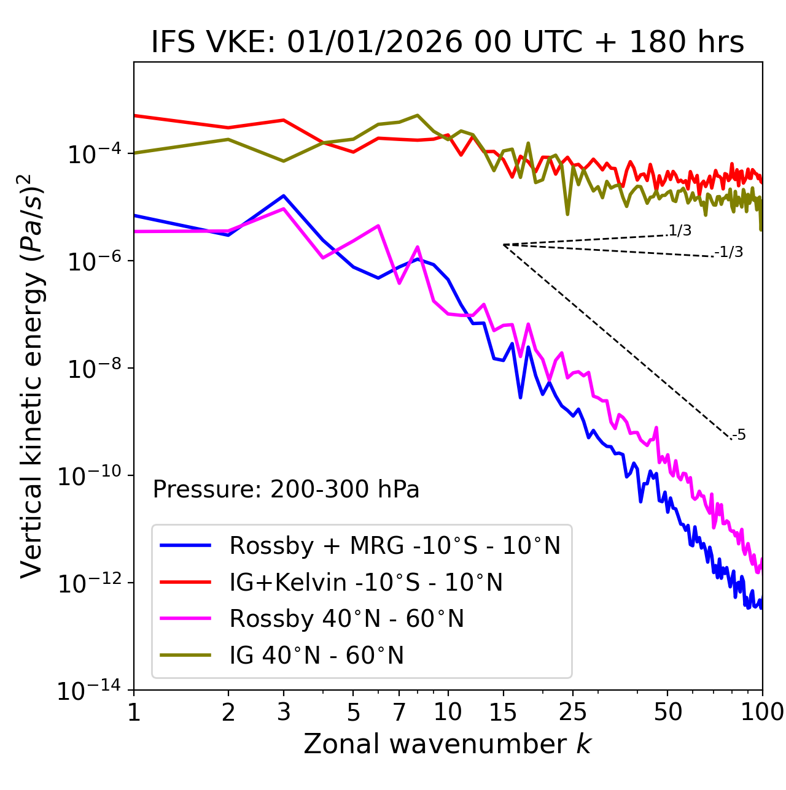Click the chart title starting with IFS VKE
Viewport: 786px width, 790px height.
pyautogui.click(x=448, y=42)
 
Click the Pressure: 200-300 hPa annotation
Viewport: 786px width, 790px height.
pyautogui.click(x=286, y=489)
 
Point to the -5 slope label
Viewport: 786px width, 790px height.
pyautogui.click(x=739, y=435)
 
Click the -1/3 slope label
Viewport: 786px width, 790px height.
pyautogui.click(x=730, y=252)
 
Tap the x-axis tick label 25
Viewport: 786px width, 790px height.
pyautogui.click(x=572, y=712)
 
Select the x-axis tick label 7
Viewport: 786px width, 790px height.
pyautogui.click(x=399, y=712)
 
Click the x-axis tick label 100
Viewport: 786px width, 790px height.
pyautogui.click(x=762, y=712)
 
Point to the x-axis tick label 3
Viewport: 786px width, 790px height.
pyautogui.click(x=284, y=712)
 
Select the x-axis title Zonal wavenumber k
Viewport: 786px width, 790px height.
pyautogui.click(x=448, y=744)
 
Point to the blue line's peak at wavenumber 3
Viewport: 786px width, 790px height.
pyautogui.click(x=284, y=196)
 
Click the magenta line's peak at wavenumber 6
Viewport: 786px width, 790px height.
pyautogui.click(x=378, y=226)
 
